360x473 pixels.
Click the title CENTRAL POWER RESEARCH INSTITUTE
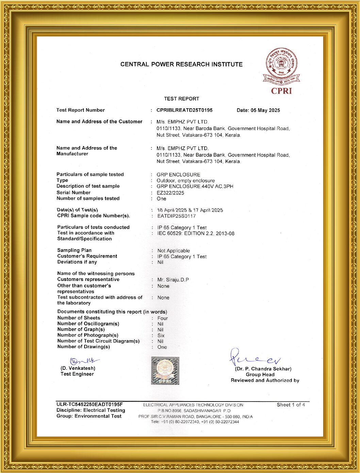pos(181,64)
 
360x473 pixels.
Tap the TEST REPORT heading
pos(181,99)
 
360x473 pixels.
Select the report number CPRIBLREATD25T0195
pos(184,110)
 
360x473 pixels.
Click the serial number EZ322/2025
pos(170,193)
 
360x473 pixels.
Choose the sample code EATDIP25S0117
pos(176,216)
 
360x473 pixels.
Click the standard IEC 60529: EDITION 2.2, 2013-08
pos(196,234)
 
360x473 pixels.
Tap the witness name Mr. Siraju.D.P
pos(173,280)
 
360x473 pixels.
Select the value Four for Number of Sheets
pos(163,318)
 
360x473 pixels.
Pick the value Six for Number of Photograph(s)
pos(161,336)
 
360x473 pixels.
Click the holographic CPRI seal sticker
pos(165,370)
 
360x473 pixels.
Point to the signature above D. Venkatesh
pos(84,361)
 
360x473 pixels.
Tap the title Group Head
pos(260,375)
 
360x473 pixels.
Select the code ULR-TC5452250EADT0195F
pos(89,405)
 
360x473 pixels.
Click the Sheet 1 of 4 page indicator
pos(291,405)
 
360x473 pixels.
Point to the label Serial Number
pos(73,193)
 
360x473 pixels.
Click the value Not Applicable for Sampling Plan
pos(174,251)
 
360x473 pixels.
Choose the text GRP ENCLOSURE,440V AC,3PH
pos(195,187)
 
